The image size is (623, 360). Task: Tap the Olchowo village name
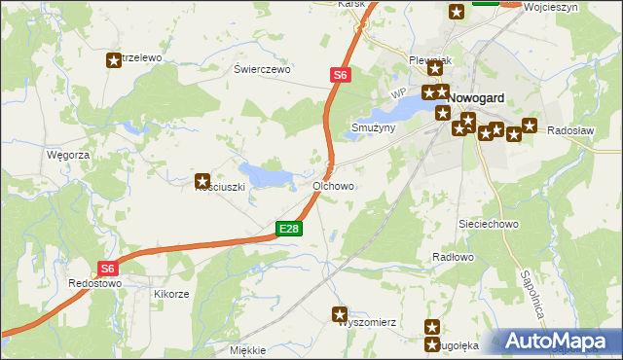[x=333, y=185]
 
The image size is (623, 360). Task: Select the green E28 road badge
[x=289, y=229]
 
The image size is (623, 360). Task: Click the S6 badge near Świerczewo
[x=339, y=74]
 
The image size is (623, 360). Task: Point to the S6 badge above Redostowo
[x=108, y=269]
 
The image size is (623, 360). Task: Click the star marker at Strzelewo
[x=114, y=60]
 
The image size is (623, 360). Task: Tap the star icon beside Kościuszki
[x=202, y=180]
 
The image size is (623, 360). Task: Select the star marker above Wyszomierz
[x=340, y=313]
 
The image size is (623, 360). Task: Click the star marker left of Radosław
[x=530, y=125]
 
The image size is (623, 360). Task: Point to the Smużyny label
[x=373, y=127]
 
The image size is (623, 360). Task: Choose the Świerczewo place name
[x=263, y=70]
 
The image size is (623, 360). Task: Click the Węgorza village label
[x=68, y=155]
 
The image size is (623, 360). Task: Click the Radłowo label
[x=452, y=257]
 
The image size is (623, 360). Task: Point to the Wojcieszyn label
[x=551, y=7]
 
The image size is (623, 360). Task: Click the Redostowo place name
[x=94, y=283]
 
